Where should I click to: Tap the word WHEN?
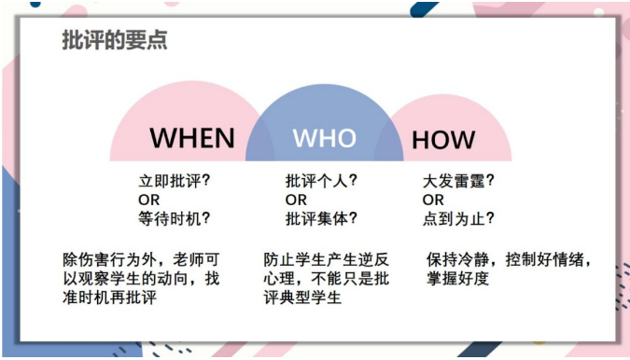coord(192,138)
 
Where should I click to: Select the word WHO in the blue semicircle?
coord(324,138)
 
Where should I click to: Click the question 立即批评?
coord(174,181)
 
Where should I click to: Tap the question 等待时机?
coord(174,219)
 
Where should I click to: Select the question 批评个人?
coord(321,181)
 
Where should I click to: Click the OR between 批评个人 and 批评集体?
coord(296,200)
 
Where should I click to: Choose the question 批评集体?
coord(321,219)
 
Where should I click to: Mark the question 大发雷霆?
coord(458,181)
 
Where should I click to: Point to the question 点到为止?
coord(458,219)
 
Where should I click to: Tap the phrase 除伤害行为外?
coord(103,258)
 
